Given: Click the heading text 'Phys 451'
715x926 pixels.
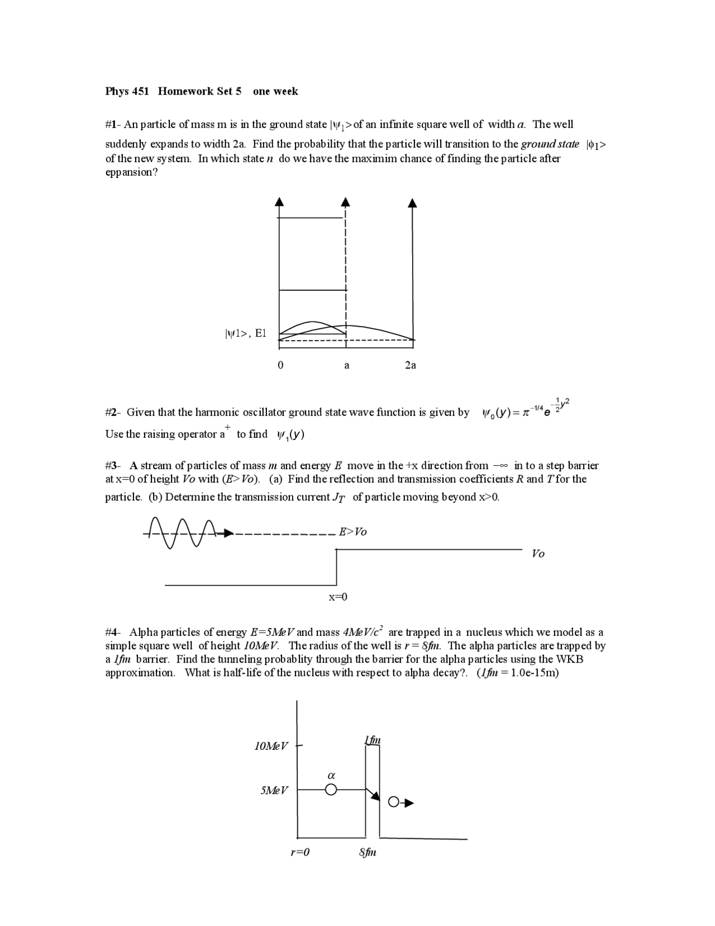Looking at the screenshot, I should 127,91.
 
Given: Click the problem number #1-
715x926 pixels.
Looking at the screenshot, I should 113,124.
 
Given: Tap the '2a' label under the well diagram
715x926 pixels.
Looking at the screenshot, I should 410,365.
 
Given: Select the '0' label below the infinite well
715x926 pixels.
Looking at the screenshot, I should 280,365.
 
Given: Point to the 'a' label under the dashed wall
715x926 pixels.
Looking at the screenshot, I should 346,366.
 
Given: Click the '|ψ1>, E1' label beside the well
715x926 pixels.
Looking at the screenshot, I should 245,334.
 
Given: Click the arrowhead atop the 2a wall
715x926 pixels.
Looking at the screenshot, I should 412,202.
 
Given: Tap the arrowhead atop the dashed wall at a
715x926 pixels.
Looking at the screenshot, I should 346,202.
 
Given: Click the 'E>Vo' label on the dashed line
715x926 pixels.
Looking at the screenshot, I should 353,532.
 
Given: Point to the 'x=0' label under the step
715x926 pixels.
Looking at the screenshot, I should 337,597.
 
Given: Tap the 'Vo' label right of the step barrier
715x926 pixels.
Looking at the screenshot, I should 538,554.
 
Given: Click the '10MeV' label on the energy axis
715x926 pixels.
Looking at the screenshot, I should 271,745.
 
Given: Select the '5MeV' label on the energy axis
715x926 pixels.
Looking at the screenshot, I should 274,790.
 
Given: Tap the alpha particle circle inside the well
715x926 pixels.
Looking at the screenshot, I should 331,790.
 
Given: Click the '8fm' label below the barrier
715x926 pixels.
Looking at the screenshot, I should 368,853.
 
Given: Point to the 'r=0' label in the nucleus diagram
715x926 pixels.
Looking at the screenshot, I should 300,853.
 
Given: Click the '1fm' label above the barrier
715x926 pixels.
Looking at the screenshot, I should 373,740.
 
